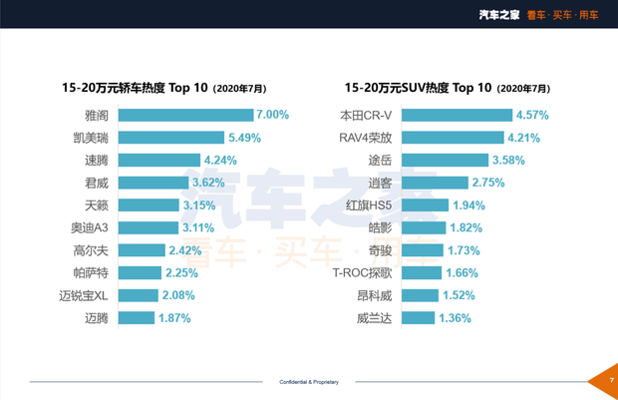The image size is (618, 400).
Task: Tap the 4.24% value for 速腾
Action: (x=221, y=160)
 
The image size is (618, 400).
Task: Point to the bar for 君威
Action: (x=158, y=183)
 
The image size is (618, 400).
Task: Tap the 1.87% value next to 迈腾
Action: (x=174, y=318)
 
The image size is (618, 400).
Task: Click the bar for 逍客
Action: (x=438, y=183)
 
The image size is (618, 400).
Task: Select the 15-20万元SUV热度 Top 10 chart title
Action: (x=447, y=88)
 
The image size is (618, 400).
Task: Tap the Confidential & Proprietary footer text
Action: (x=309, y=381)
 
